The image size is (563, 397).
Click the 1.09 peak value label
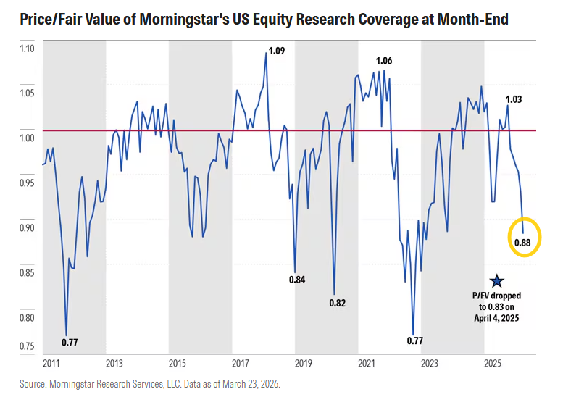click(276, 51)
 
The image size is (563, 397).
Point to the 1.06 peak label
click(385, 60)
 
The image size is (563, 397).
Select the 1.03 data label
click(512, 100)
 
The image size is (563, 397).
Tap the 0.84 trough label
click(297, 279)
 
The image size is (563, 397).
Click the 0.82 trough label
click(338, 302)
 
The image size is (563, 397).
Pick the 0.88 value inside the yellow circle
click(522, 243)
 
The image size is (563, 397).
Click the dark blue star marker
click(496, 280)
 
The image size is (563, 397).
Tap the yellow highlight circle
click(522, 236)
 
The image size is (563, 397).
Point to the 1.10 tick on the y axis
click(26, 49)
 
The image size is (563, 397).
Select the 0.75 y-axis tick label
click(26, 346)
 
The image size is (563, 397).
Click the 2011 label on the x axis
click(51, 362)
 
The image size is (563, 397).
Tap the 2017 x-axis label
click(241, 362)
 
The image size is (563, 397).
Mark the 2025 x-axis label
click(493, 362)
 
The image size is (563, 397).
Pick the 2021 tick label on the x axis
click(367, 362)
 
